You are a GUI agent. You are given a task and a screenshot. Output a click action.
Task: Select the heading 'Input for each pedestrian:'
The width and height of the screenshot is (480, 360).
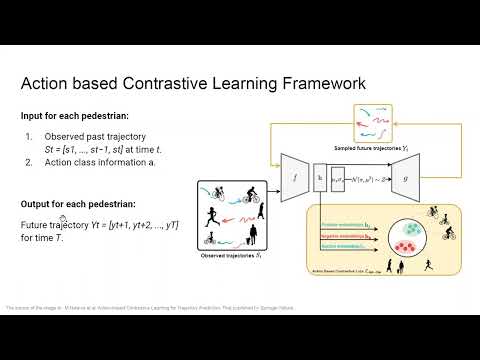71,115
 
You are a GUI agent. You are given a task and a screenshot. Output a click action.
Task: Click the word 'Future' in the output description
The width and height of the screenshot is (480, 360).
35,225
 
